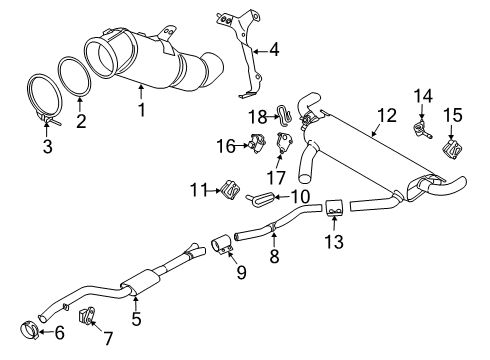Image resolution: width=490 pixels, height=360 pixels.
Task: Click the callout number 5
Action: tap(136, 319)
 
